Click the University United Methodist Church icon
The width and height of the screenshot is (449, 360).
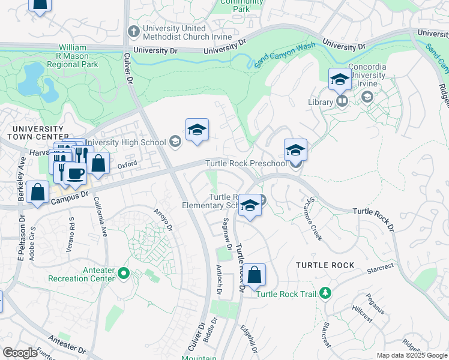tap(133, 30)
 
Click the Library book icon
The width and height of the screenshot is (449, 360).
tap(342, 101)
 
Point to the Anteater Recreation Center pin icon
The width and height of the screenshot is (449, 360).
tap(124, 274)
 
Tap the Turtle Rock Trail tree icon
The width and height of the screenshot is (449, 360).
tap(325, 293)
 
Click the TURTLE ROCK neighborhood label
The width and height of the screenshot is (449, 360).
tap(325, 265)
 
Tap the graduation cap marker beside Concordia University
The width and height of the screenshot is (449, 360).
tap(340, 78)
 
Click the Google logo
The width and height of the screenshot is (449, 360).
tap(20, 353)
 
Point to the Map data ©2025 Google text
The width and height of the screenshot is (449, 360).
tap(411, 355)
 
